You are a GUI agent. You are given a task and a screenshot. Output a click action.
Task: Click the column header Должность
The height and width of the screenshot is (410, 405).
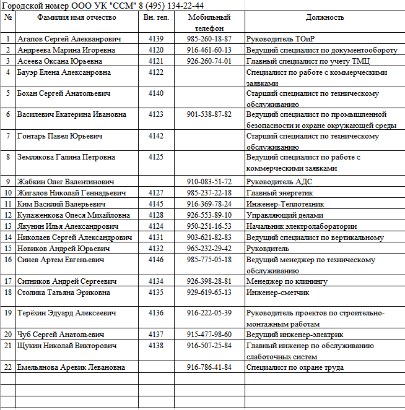coord(324,17)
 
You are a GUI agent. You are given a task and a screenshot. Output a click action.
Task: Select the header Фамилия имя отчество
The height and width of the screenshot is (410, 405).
coord(76,17)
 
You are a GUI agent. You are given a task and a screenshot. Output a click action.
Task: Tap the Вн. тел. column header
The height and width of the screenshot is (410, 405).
coord(156,17)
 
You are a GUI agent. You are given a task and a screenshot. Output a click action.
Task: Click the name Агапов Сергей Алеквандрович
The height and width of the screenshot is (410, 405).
coord(69,39)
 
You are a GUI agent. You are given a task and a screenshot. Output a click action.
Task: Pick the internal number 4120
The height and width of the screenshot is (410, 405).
coord(156,50)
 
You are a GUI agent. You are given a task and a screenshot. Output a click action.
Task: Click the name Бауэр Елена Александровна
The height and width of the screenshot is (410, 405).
coord(64,72)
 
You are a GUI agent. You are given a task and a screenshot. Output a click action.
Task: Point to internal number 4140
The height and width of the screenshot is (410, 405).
coord(156,93)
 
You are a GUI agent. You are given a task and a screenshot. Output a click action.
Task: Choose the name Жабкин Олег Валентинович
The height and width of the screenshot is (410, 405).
coord(66,182)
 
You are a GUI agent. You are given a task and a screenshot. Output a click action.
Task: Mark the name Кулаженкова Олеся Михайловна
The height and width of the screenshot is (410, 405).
coord(74,215)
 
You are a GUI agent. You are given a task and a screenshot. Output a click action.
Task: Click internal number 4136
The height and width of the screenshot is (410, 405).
coord(156,313)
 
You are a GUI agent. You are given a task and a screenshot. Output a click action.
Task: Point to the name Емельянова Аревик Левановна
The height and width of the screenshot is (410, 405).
coord(71,367)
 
